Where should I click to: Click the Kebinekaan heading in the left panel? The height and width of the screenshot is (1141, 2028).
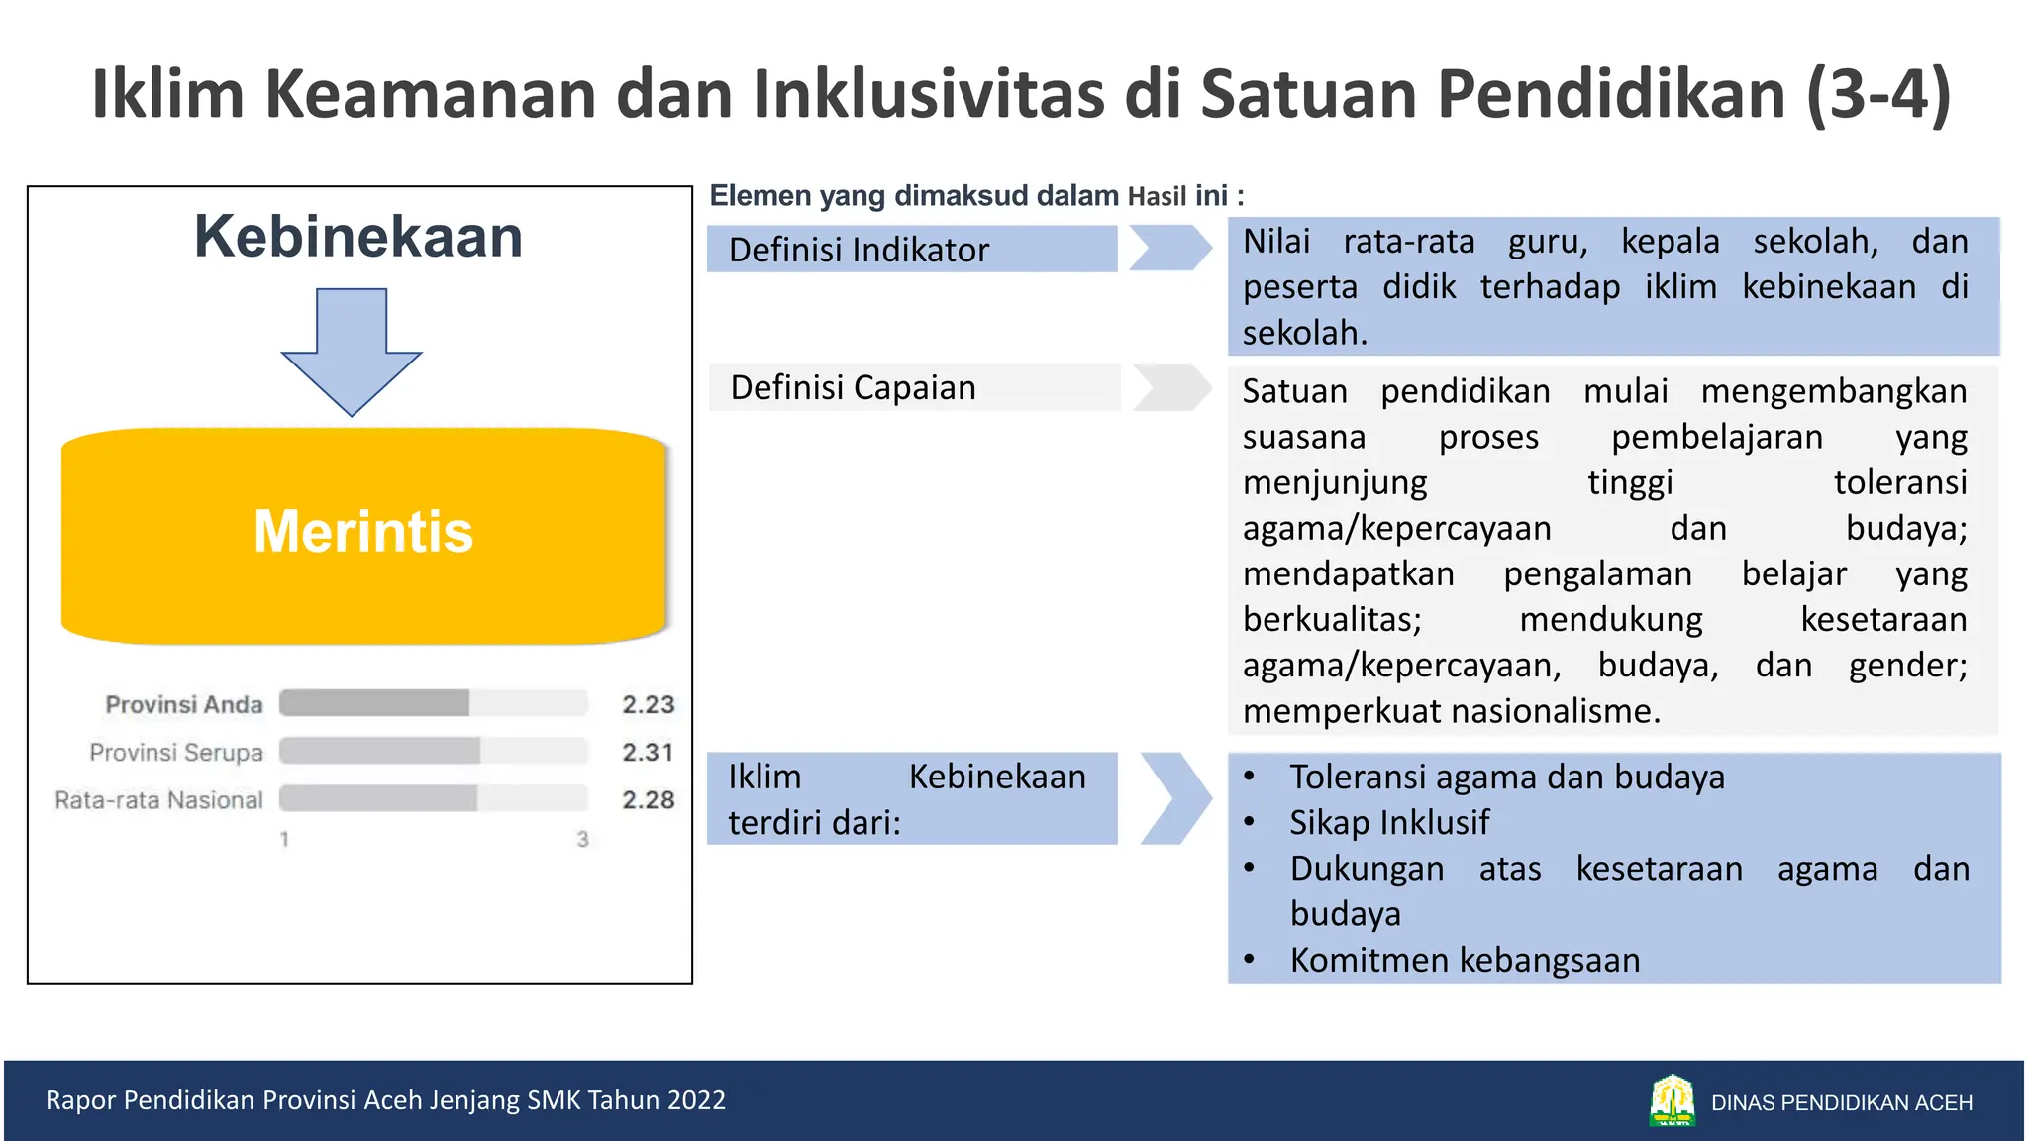(358, 237)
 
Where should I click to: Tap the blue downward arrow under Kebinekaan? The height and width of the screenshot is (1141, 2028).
(352, 351)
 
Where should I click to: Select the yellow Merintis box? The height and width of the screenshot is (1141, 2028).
(363, 535)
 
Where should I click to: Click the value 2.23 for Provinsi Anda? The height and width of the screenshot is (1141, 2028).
(648, 704)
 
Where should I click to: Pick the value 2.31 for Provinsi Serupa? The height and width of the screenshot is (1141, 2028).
(648, 753)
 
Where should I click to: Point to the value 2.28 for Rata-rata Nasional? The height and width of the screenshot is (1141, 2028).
(648, 799)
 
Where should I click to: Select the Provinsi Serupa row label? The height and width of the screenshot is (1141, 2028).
(176, 753)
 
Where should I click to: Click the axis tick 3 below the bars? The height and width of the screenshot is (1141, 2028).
(582, 840)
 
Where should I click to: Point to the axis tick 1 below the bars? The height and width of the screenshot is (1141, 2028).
(284, 840)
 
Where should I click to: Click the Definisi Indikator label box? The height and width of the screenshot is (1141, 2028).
(911, 250)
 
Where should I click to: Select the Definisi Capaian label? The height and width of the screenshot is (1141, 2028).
(854, 387)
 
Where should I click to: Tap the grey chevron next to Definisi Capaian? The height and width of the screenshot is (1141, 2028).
(1171, 387)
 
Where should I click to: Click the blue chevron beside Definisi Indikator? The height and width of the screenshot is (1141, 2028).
(1169, 248)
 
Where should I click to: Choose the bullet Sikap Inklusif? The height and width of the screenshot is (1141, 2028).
(1388, 823)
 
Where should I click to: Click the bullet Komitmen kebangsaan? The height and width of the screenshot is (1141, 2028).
(1465, 960)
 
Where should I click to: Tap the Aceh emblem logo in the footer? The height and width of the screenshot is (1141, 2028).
(1672, 1100)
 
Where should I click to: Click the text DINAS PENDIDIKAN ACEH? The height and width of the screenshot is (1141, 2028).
(1842, 1102)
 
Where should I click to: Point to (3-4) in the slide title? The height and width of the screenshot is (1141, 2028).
(1877, 94)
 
